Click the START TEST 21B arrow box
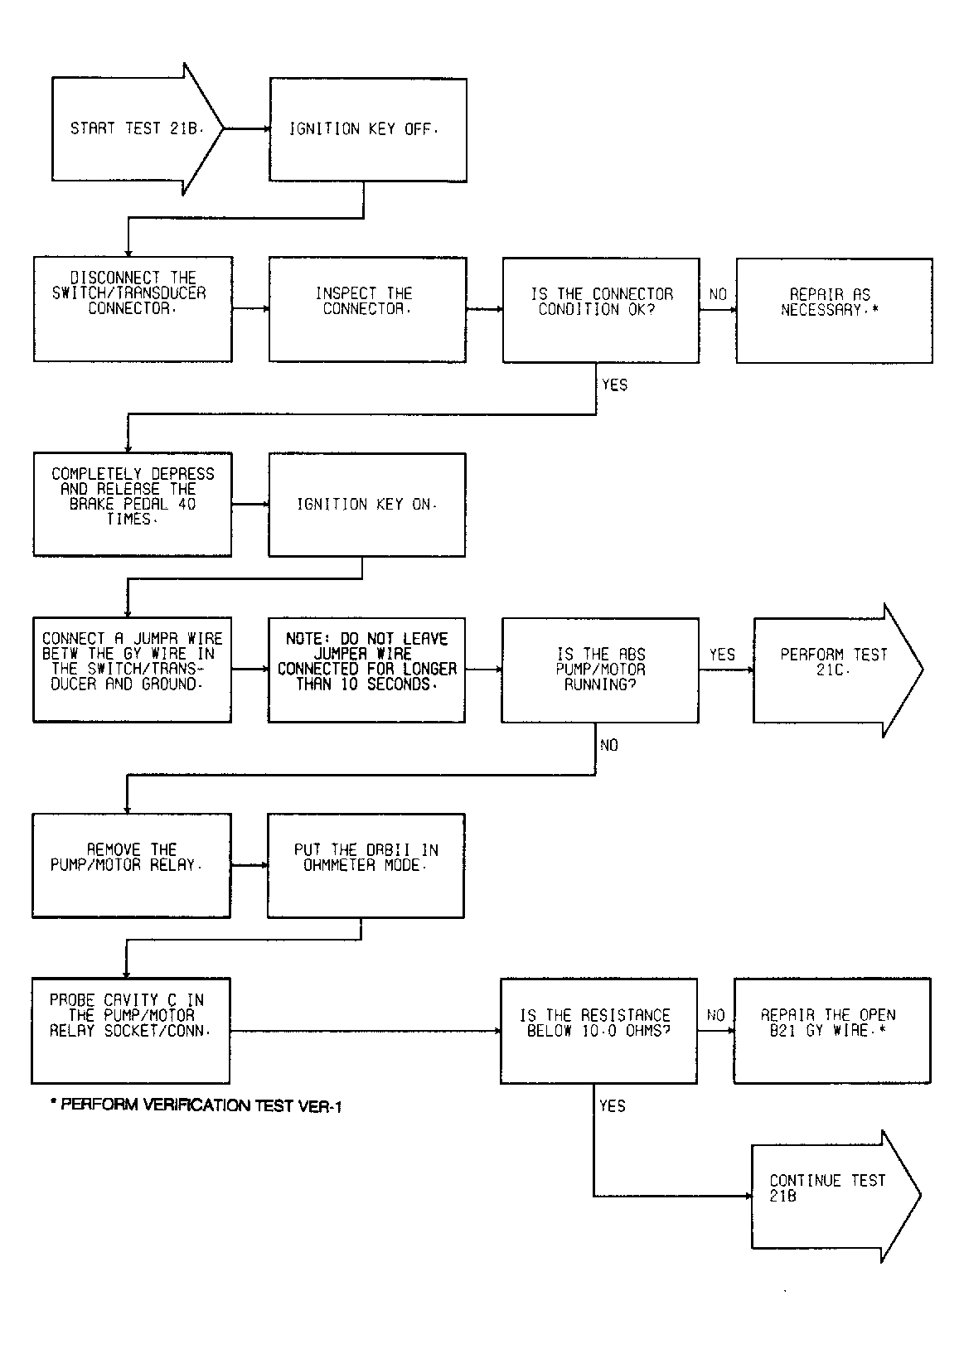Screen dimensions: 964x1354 coord(138,128)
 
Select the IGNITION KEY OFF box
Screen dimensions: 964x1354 coord(368,129)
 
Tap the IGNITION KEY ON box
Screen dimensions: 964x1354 coord(367,505)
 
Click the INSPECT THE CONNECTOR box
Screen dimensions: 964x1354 coord(368,309)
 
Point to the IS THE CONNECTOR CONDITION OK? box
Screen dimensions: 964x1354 coord(601,310)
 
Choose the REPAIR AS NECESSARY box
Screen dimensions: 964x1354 coord(835,311)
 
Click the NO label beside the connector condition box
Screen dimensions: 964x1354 coord(718,294)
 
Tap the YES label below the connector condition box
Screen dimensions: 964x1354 coord(614,385)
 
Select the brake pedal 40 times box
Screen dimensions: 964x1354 coord(133,504)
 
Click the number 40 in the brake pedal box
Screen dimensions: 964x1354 coord(187,504)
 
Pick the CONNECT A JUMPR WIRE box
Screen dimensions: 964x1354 coord(133,670)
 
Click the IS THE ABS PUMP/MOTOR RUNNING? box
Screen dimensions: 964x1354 coord(600,670)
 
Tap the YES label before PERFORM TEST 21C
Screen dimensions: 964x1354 coord(722,655)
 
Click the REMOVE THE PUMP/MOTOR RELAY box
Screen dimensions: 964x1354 coord(132,866)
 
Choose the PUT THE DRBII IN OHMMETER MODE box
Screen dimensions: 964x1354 coord(366,866)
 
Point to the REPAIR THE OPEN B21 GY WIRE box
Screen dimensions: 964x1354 coord(832,1031)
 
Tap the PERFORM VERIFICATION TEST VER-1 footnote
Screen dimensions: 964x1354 coord(196,1105)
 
